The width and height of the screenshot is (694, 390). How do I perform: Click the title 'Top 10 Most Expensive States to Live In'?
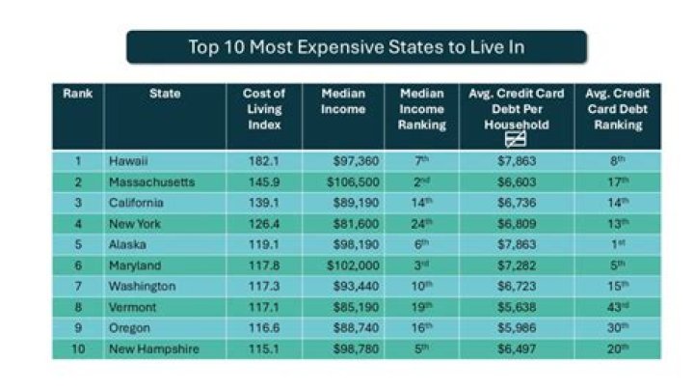tap(357, 46)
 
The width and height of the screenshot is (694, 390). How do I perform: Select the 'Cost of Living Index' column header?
tap(263, 109)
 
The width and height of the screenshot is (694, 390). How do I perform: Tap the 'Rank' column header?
tap(77, 95)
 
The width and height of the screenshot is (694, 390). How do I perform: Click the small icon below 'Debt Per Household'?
tap(514, 140)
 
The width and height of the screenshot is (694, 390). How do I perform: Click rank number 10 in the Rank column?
tap(76, 348)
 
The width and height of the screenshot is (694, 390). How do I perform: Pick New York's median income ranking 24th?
tap(422, 224)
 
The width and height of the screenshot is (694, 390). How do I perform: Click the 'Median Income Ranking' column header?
tap(422, 109)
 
